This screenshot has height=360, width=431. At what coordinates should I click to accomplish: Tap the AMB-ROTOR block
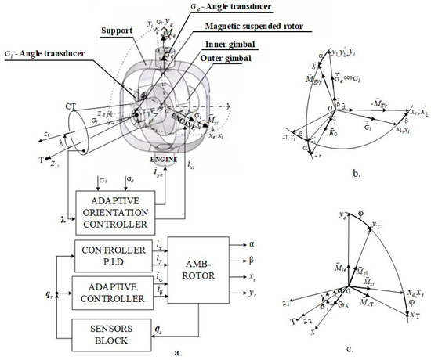[x=198, y=276]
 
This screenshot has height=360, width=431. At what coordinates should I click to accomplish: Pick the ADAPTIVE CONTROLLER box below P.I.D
[x=109, y=293]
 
